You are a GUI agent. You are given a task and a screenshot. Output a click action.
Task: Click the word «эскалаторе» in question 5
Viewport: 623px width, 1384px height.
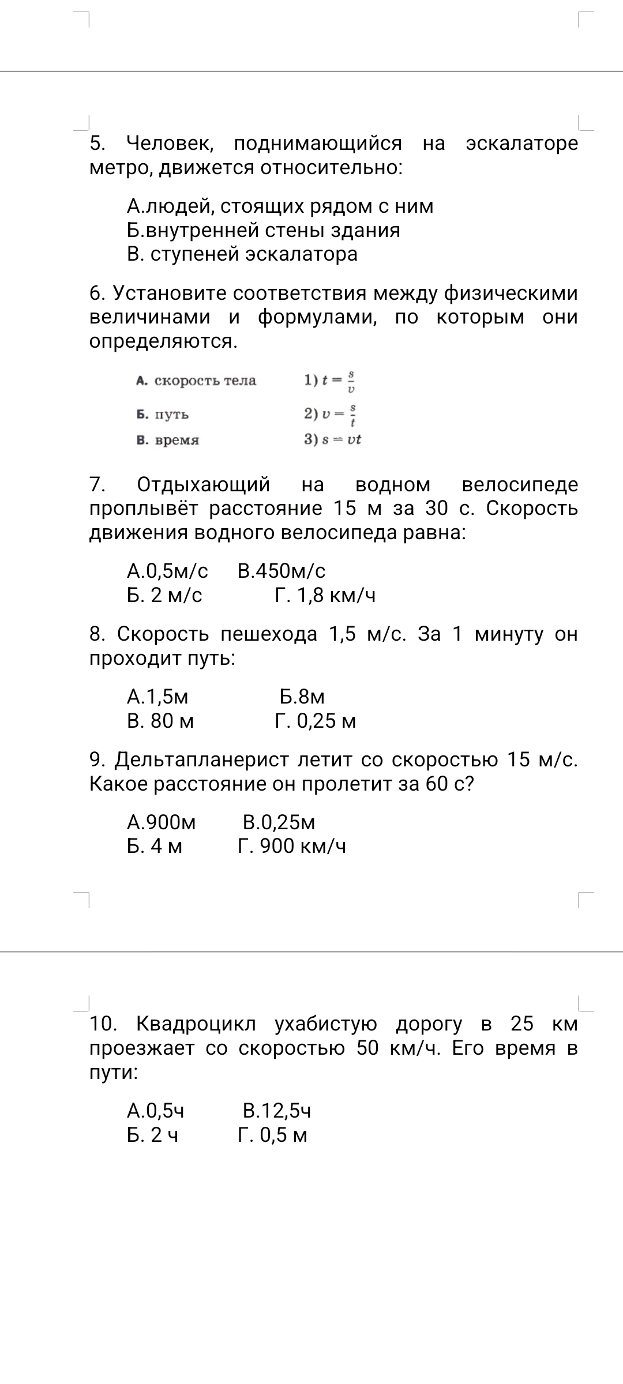click(x=521, y=144)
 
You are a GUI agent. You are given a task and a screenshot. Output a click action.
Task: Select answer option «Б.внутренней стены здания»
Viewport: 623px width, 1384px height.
click(x=263, y=231)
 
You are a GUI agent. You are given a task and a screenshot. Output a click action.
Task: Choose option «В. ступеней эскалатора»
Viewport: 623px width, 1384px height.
click(x=242, y=254)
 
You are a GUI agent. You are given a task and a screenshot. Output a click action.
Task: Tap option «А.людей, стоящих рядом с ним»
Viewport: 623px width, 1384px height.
click(x=280, y=206)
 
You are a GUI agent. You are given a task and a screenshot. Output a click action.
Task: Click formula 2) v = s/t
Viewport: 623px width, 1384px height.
click(x=331, y=414)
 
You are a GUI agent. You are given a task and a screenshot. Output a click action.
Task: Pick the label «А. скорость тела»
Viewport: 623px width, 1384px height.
click(x=196, y=381)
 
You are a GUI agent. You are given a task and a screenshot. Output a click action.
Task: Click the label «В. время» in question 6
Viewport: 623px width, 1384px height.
click(x=168, y=441)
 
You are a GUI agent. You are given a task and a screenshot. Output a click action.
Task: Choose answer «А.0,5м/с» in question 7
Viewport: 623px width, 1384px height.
click(x=167, y=571)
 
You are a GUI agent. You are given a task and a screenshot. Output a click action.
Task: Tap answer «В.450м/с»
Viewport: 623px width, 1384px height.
click(x=282, y=571)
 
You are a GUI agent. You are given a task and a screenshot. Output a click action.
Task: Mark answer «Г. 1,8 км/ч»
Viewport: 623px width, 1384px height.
click(x=325, y=595)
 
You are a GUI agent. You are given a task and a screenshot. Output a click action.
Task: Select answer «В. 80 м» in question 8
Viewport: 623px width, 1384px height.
click(x=160, y=721)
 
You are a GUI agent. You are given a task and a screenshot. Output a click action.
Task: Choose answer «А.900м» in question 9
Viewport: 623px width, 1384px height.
click(x=162, y=822)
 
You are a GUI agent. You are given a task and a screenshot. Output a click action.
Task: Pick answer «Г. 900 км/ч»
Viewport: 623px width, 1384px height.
click(x=292, y=847)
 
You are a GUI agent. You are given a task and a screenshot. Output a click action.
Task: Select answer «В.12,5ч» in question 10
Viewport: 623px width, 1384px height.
click(x=277, y=1111)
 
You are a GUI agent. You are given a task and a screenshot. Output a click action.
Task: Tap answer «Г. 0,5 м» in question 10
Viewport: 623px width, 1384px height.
click(x=273, y=1135)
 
